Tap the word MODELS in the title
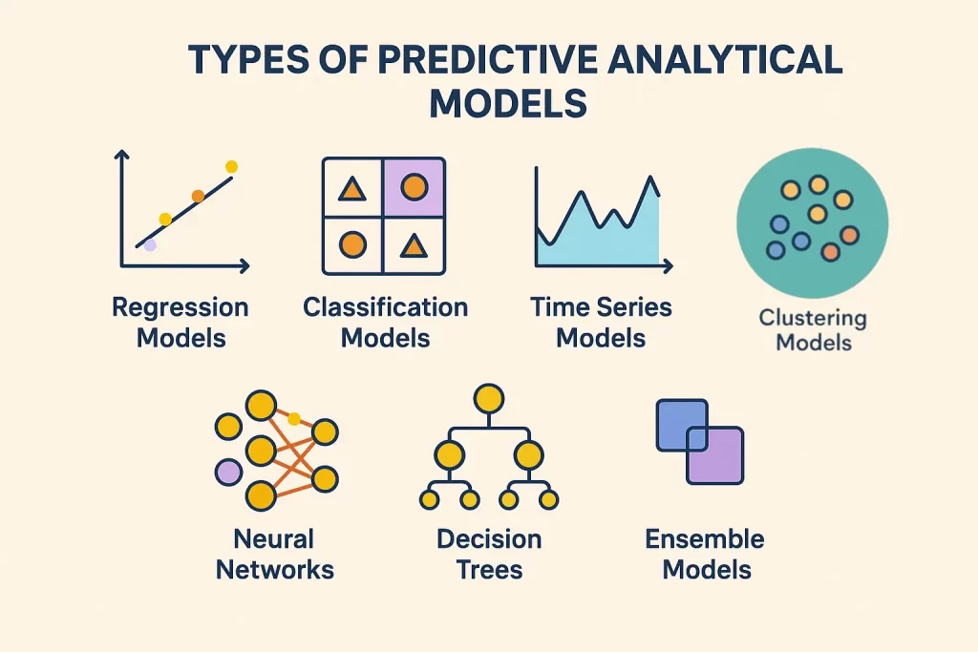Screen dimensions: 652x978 pos(507,102)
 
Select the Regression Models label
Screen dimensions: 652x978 pos(181,323)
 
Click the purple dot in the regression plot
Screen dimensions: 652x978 pos(150,245)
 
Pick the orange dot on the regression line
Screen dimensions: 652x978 pos(198,196)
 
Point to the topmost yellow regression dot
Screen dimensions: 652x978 pos(231,167)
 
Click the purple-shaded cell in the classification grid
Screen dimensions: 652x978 pos(414,187)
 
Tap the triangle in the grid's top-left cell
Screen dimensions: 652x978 pos(352,189)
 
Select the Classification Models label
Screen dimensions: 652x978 pos(386,323)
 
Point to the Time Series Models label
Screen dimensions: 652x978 pos(601,323)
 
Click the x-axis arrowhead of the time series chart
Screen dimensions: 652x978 pos(669,264)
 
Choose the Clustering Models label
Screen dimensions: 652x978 pos(813,329)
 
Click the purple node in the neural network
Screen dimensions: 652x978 pos(228,472)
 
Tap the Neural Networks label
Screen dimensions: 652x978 pos(275,555)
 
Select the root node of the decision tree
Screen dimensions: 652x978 pos(488,398)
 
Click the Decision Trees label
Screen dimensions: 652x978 pos(489,555)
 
